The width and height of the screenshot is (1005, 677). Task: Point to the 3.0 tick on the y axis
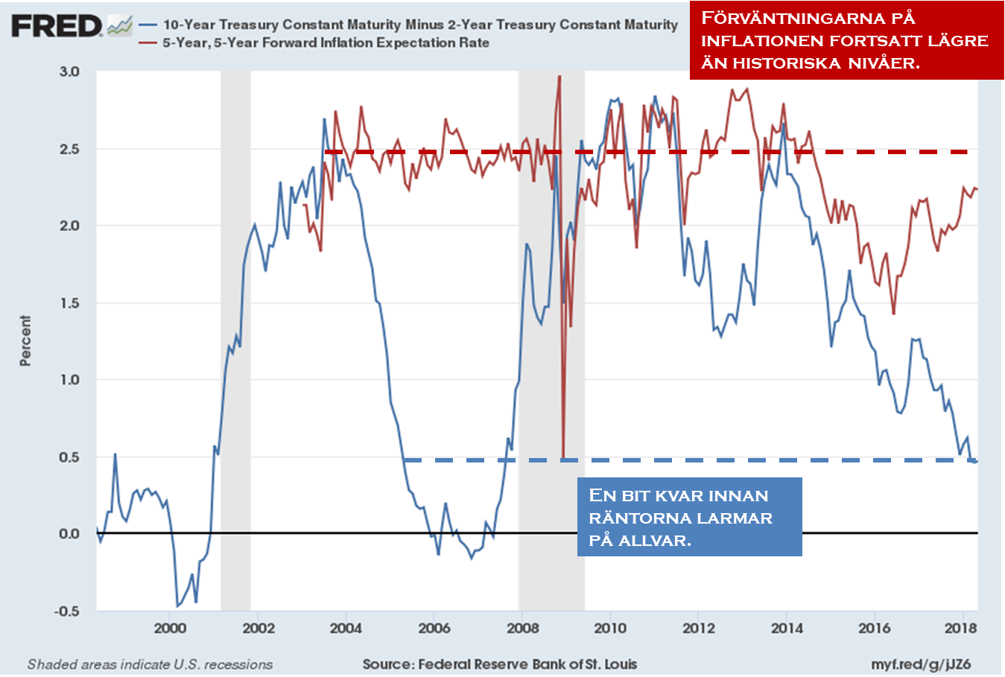[69, 71]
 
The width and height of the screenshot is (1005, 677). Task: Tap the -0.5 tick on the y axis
[66, 611]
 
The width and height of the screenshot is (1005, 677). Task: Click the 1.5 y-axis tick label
[69, 303]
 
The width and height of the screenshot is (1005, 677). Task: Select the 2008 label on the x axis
[522, 628]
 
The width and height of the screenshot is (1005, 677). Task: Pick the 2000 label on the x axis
[170, 628]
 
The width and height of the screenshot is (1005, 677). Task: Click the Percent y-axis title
[26, 340]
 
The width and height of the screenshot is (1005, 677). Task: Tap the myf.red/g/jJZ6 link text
[921, 664]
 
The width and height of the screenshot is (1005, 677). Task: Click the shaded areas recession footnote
[150, 664]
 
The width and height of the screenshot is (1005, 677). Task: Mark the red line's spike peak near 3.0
[559, 76]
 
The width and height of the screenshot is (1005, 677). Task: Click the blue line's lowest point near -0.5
[177, 606]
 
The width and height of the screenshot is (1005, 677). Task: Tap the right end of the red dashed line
[966, 152]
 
